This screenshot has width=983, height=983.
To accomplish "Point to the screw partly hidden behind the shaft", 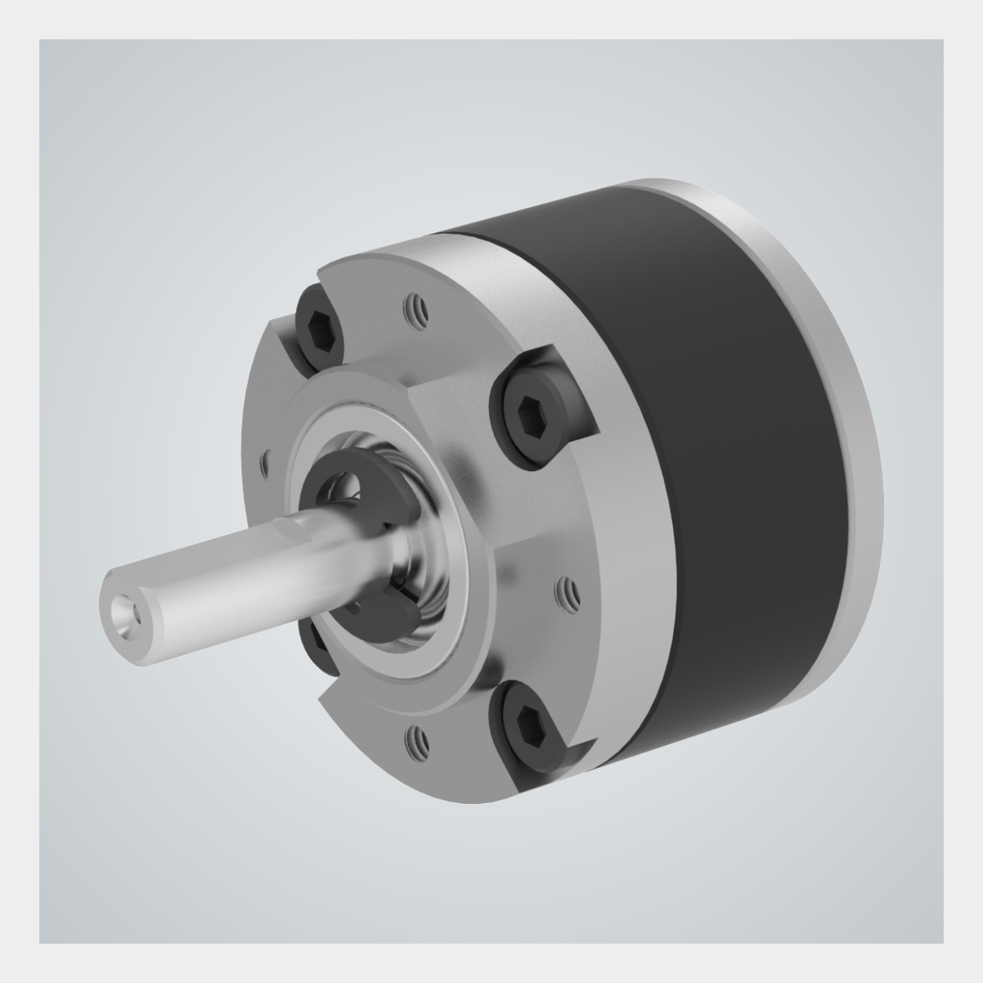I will click(x=315, y=642).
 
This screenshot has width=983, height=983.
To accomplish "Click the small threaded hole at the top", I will click(x=414, y=309).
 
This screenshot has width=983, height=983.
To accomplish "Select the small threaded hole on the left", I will click(x=263, y=465).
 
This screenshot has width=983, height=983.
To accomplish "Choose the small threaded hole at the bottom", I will click(x=415, y=738).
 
